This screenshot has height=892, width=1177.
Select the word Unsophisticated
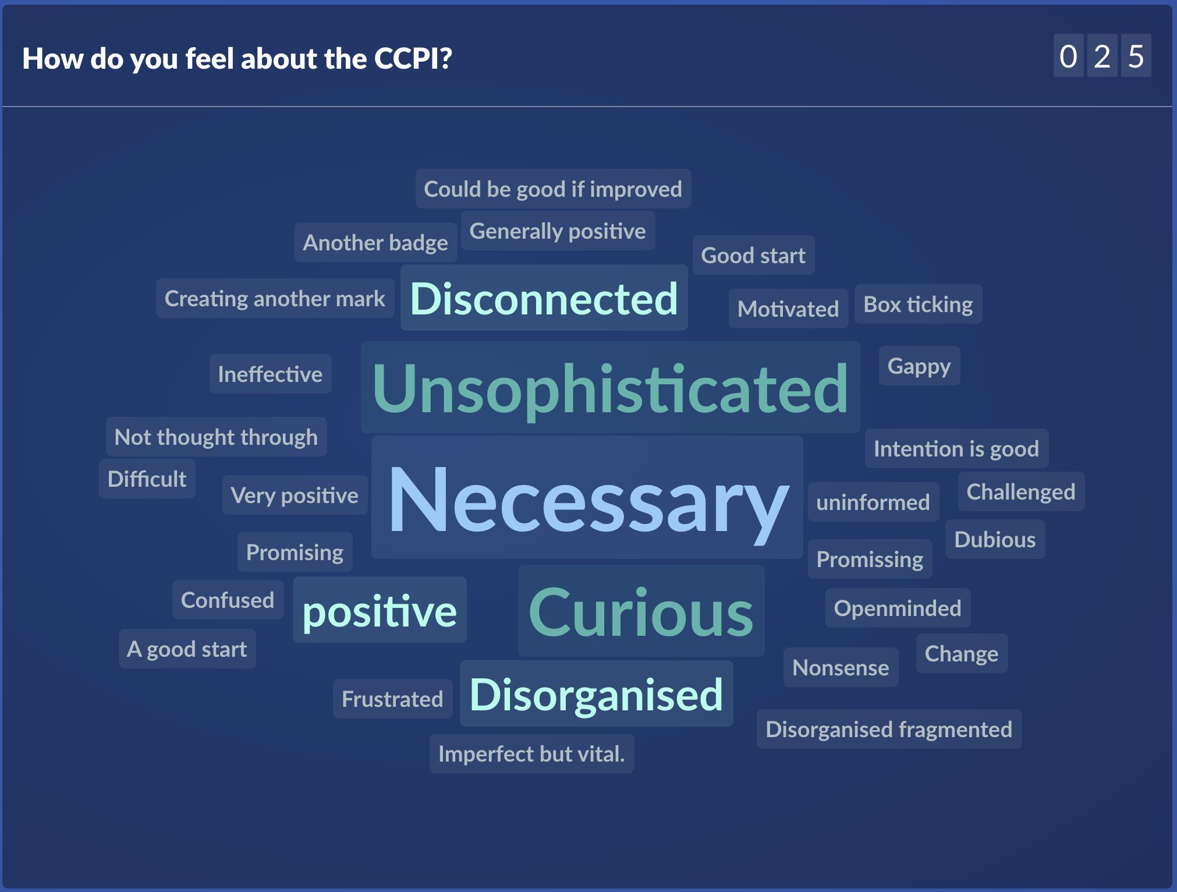click(610, 388)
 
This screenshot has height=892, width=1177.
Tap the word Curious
click(641, 611)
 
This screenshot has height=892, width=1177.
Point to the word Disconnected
click(544, 298)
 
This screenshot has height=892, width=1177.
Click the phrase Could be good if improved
click(553, 189)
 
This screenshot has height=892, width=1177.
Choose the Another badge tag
click(375, 242)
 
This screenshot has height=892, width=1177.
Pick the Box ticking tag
click(918, 304)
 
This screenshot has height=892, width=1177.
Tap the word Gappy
click(919, 366)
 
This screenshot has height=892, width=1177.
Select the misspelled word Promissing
click(870, 559)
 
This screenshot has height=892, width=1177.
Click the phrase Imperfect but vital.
click(531, 753)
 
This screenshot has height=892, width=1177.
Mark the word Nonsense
click(841, 667)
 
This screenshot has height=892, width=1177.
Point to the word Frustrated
click(392, 699)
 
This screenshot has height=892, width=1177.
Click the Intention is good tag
click(956, 448)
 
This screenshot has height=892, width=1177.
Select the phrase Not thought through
click(216, 437)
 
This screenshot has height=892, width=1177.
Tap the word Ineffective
click(270, 374)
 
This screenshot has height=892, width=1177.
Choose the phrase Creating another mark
click(275, 298)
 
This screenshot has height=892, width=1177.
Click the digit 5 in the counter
click(1136, 56)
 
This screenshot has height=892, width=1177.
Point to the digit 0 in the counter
click(1068, 56)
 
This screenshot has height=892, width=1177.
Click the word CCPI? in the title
click(413, 58)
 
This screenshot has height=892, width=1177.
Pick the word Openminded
click(898, 608)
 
